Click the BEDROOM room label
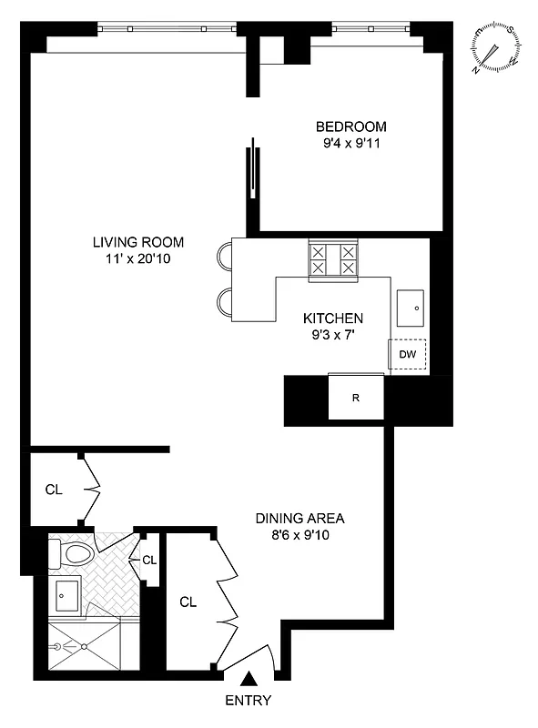(x=350, y=126)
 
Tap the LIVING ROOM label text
(x=137, y=242)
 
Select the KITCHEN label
(x=333, y=318)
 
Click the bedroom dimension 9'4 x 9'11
(x=350, y=143)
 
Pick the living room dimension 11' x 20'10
(x=137, y=258)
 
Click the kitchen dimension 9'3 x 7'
(x=333, y=335)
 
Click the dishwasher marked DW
(x=407, y=354)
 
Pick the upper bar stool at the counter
(x=224, y=257)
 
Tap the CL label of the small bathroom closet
(x=149, y=559)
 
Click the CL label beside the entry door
(x=188, y=602)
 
